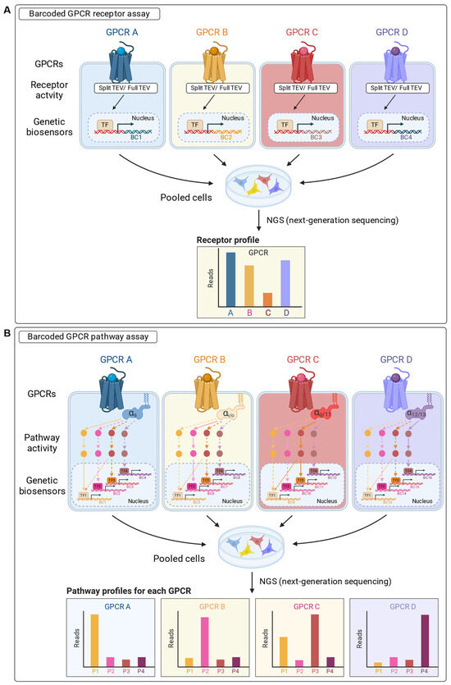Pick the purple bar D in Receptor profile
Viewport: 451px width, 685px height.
tap(285, 285)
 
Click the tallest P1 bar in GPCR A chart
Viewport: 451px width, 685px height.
tap(95, 638)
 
